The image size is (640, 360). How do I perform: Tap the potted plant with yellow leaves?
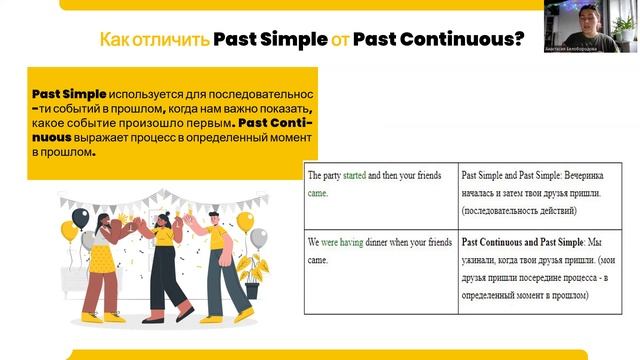(x=252, y=269)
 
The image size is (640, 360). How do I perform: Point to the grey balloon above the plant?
(x=259, y=238)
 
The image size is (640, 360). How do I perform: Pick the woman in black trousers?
(x=162, y=270)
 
